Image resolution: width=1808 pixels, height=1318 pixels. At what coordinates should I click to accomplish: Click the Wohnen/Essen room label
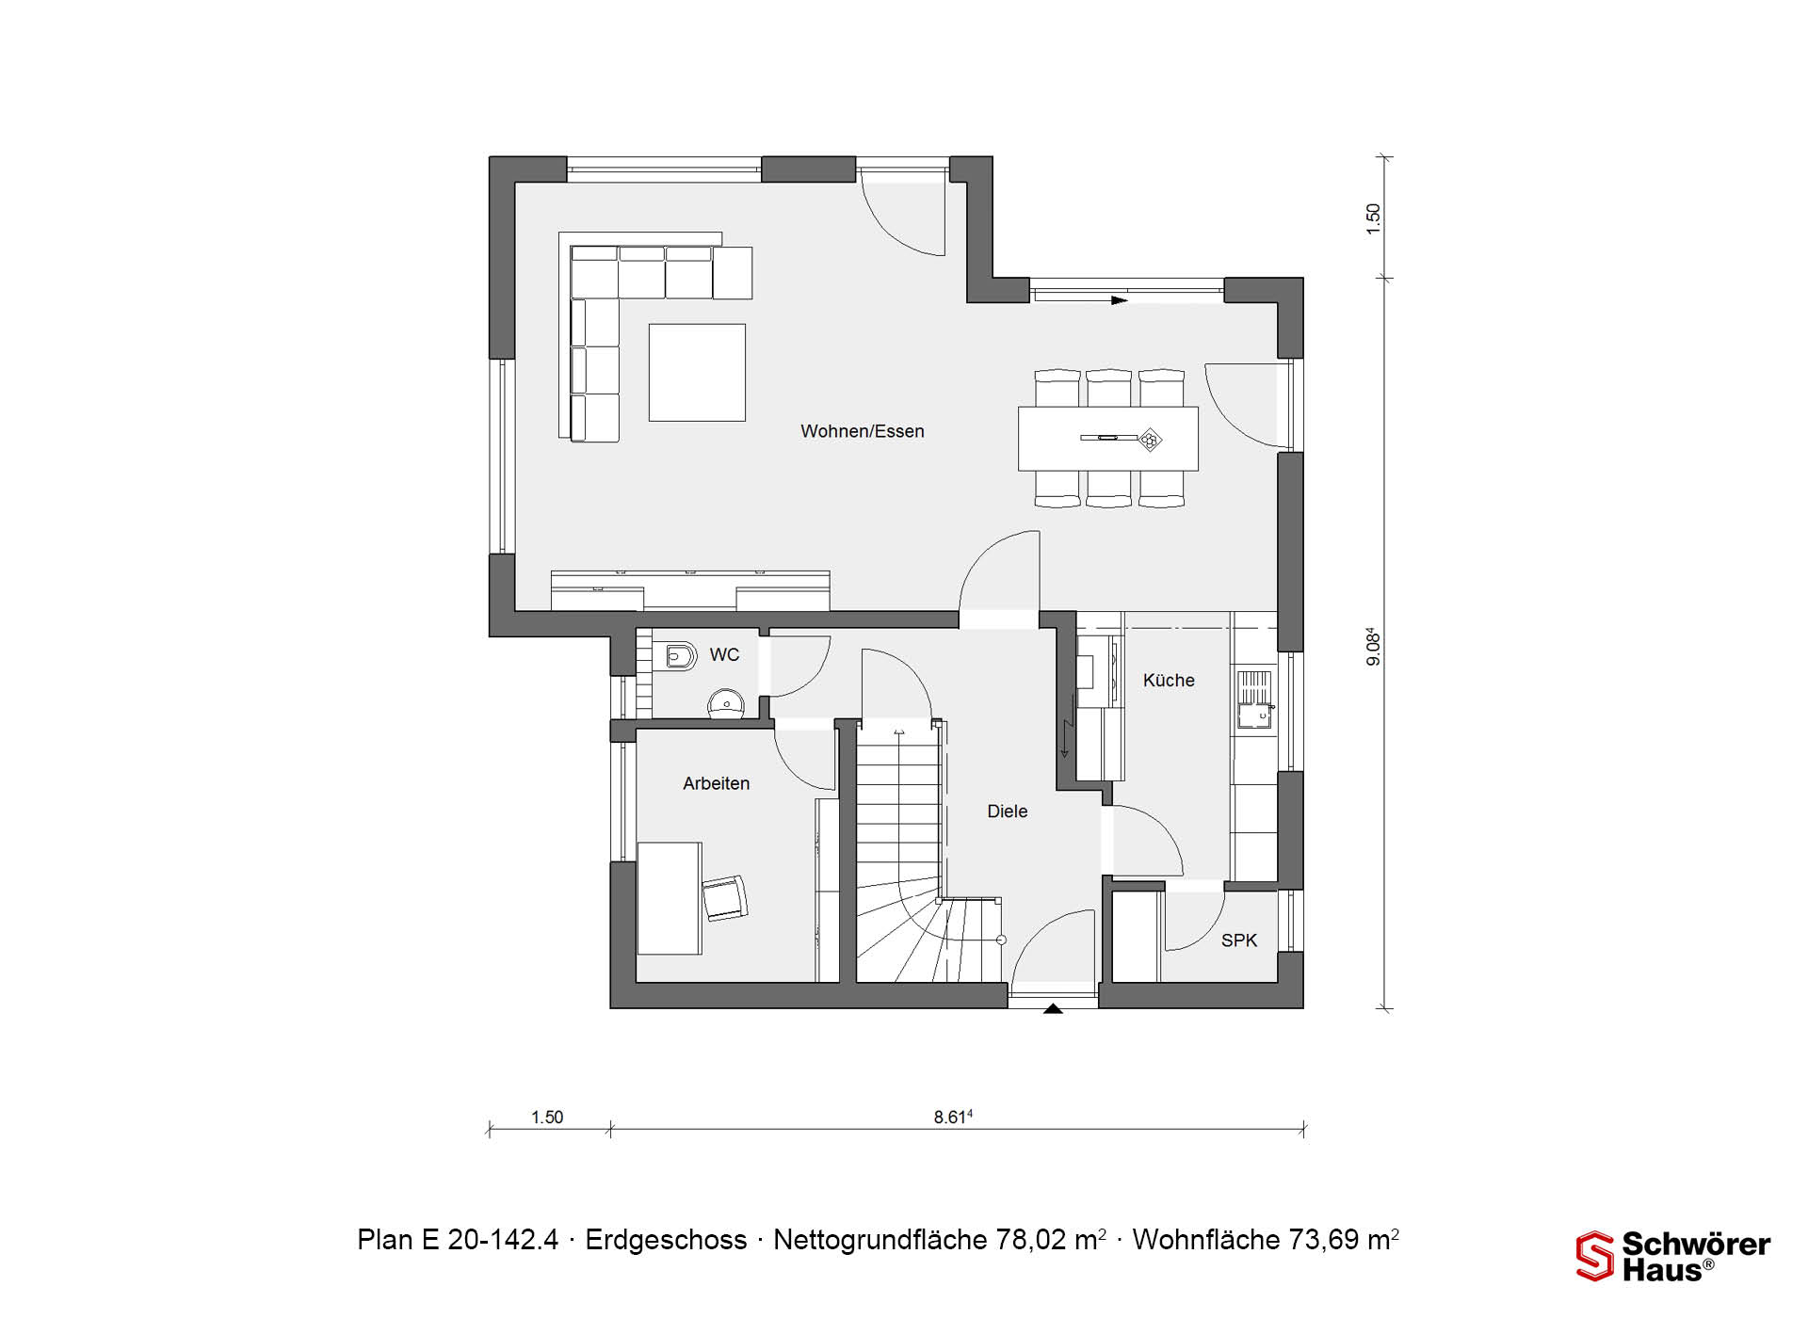(x=863, y=432)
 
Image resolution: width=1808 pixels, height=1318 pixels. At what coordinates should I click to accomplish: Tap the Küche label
(x=1169, y=680)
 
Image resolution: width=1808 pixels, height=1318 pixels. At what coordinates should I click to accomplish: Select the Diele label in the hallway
(x=1007, y=812)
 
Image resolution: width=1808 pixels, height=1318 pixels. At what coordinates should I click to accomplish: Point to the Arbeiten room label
(x=717, y=783)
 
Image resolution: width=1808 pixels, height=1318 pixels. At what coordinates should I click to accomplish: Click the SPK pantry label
(x=1239, y=940)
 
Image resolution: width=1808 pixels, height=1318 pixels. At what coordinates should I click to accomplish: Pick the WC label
(x=724, y=655)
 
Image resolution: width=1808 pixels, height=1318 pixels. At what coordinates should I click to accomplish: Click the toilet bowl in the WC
(x=679, y=655)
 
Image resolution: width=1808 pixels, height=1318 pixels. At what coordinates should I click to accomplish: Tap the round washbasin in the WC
(x=725, y=703)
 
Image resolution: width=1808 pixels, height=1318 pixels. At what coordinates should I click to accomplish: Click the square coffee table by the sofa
(x=697, y=373)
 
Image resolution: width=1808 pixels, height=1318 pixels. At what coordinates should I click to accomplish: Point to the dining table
(x=1108, y=439)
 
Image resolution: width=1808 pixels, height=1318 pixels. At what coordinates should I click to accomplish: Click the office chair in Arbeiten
(x=724, y=897)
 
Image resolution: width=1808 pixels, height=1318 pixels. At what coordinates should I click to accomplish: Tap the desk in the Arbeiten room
(x=670, y=898)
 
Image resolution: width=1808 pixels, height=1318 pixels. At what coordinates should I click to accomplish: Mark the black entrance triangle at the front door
(x=1054, y=1008)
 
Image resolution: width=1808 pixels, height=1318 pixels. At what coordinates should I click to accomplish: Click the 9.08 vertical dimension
(x=1374, y=647)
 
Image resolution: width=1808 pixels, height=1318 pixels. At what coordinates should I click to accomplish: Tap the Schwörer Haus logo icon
(x=1595, y=1256)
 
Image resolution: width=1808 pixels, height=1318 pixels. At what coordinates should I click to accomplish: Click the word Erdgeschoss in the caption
(x=666, y=1240)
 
